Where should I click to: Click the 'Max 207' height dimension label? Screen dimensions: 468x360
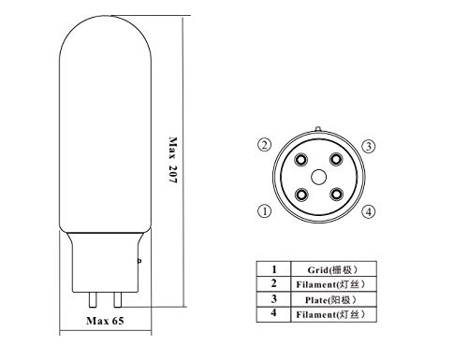(x=173, y=160)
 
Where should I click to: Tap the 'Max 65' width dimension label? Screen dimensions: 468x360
(x=105, y=321)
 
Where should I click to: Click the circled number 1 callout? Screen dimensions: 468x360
(x=265, y=211)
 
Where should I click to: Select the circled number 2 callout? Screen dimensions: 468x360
(x=265, y=145)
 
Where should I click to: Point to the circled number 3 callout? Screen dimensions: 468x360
(x=369, y=146)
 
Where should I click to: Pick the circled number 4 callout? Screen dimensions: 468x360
(x=369, y=212)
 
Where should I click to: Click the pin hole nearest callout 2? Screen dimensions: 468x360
(x=301, y=160)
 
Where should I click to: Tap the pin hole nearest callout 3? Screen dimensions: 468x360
(x=336, y=160)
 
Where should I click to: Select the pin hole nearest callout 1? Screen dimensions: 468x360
(x=301, y=195)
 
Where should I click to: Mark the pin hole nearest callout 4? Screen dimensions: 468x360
(x=336, y=194)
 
